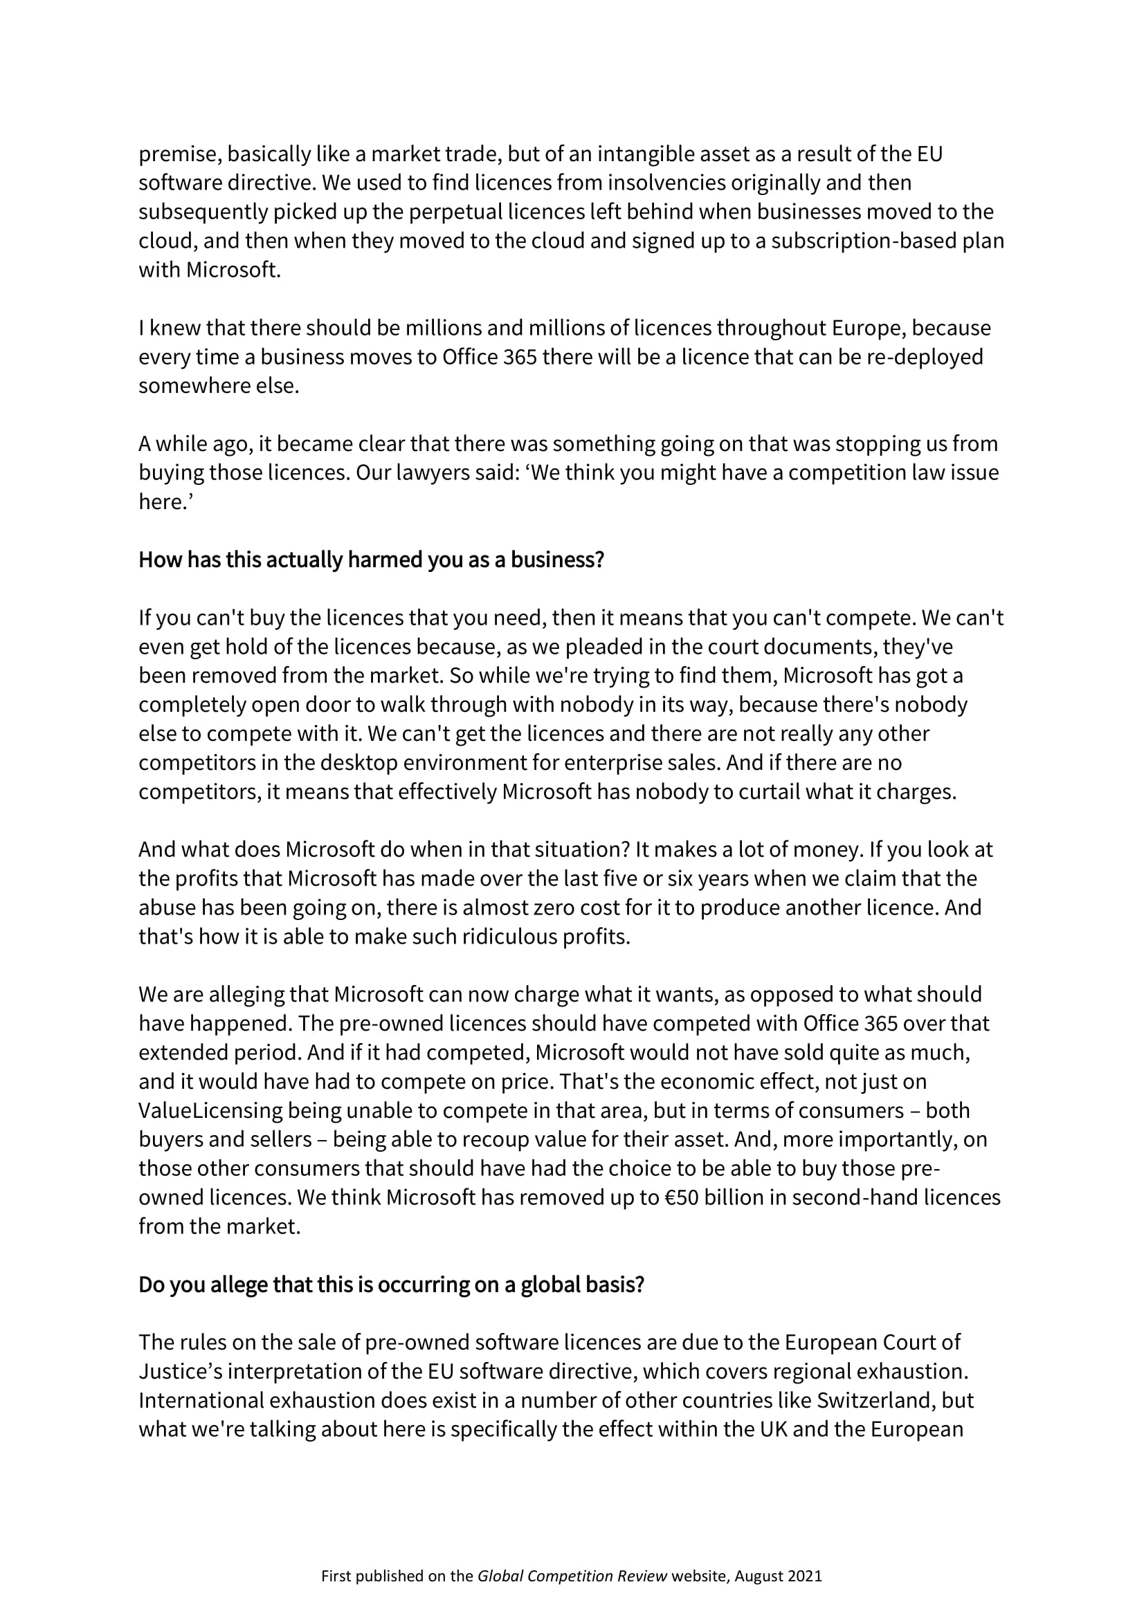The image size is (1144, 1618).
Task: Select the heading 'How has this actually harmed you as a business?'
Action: [x=372, y=560]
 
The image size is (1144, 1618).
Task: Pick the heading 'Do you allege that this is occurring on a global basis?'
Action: [x=391, y=1285]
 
